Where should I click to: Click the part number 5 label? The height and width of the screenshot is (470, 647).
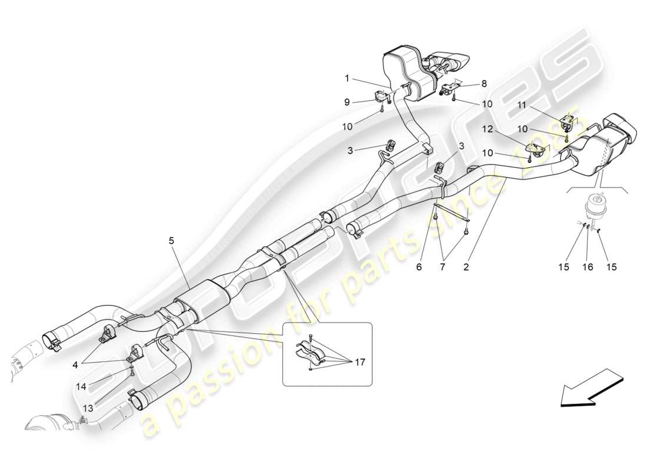[x=172, y=240]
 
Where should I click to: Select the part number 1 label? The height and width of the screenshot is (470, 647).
[x=347, y=78]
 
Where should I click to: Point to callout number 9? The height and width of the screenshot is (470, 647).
[x=347, y=102]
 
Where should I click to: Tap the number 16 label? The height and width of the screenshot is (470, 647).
[x=588, y=267]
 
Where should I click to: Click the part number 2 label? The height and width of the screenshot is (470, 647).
[x=465, y=267]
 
